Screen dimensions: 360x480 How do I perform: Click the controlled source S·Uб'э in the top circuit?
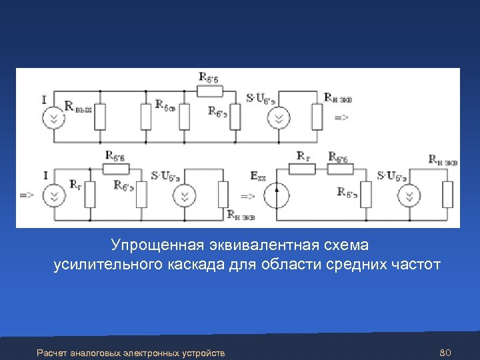[x=279, y=119]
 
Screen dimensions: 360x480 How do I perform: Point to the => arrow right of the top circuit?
[x=341, y=117]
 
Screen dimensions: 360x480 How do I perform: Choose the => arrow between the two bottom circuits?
[x=247, y=197]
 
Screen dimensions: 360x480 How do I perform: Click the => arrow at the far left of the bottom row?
[x=27, y=195]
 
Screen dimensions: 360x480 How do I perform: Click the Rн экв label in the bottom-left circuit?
[x=241, y=215]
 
